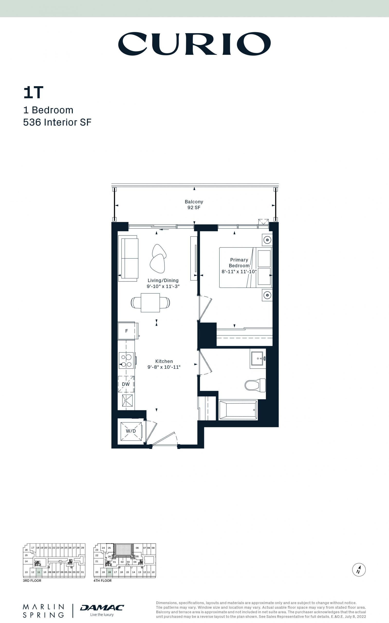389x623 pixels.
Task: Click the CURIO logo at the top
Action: point(194,44)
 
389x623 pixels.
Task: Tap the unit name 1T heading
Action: point(33,92)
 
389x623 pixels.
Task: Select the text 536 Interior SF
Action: point(57,122)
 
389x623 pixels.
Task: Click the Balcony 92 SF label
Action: point(194,205)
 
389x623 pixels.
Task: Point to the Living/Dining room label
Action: point(163,281)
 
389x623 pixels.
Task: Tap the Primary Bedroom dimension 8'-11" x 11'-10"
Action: point(239,272)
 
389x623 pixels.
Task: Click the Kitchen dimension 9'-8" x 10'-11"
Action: point(164,367)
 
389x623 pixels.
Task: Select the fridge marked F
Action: point(126,331)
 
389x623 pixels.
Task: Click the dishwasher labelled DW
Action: point(126,384)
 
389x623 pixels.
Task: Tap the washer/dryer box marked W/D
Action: point(131,431)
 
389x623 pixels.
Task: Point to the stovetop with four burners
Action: point(126,360)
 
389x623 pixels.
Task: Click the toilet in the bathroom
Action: point(255,385)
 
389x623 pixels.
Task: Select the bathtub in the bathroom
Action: point(238,410)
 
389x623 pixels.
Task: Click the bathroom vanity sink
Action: point(258,358)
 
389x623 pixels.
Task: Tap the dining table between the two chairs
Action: point(150,303)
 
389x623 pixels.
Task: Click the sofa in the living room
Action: point(128,258)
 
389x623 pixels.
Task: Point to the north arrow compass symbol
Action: point(359,569)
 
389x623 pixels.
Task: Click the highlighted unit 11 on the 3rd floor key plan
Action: point(39,572)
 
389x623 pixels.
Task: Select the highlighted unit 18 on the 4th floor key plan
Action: point(110,572)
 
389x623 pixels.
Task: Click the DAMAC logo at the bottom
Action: point(102,608)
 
